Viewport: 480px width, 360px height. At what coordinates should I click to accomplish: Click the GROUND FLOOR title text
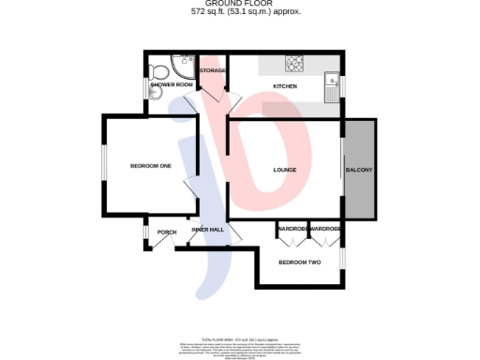point(239,4)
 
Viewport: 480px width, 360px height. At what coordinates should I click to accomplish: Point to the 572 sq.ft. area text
point(239,13)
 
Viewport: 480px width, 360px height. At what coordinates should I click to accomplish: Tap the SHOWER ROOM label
point(172,85)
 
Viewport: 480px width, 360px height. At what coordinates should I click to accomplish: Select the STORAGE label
point(212,70)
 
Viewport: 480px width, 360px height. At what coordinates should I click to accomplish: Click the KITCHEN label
point(284,86)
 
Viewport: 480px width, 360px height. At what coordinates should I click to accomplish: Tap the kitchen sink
point(332,86)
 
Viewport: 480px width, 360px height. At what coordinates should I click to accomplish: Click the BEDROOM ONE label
point(150,166)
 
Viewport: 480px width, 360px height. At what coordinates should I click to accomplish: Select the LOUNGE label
point(285,170)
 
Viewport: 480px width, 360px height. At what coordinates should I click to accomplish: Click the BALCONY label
point(359,170)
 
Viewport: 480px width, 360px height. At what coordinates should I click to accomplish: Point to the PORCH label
point(167,232)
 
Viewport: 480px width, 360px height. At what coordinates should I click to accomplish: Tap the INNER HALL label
point(207,230)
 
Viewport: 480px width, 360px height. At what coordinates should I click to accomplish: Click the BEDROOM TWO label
point(300,262)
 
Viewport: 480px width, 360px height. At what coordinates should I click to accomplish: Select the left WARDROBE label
point(292,229)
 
